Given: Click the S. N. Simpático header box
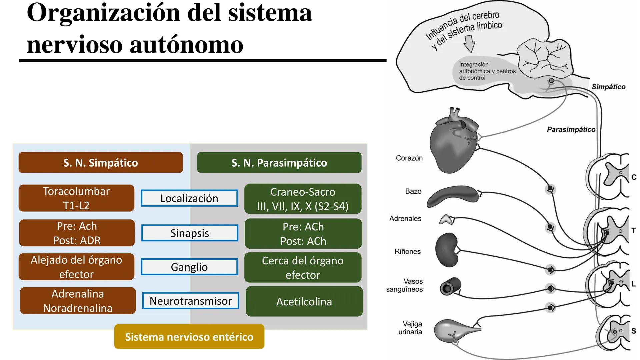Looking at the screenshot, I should [100, 163].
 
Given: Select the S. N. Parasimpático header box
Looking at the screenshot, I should [279, 163].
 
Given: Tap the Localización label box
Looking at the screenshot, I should [189, 198].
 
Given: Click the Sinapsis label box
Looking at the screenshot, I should [189, 233].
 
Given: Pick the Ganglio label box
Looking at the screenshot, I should [189, 267].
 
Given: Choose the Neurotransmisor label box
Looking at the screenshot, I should [190, 301].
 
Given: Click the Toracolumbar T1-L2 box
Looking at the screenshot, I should [76, 198].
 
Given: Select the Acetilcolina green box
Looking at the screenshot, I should [304, 302].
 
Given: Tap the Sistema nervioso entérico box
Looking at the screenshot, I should [189, 337].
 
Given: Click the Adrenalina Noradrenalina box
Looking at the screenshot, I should [78, 301].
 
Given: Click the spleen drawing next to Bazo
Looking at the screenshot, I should [453, 196].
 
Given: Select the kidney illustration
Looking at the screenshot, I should [447, 250].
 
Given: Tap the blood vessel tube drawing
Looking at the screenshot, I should [450, 287].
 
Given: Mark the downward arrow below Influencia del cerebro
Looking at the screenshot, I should [469, 44].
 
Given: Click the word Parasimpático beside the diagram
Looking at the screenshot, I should [571, 130].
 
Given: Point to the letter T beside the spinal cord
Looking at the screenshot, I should [633, 230].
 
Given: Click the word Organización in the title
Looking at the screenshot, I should [104, 13].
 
